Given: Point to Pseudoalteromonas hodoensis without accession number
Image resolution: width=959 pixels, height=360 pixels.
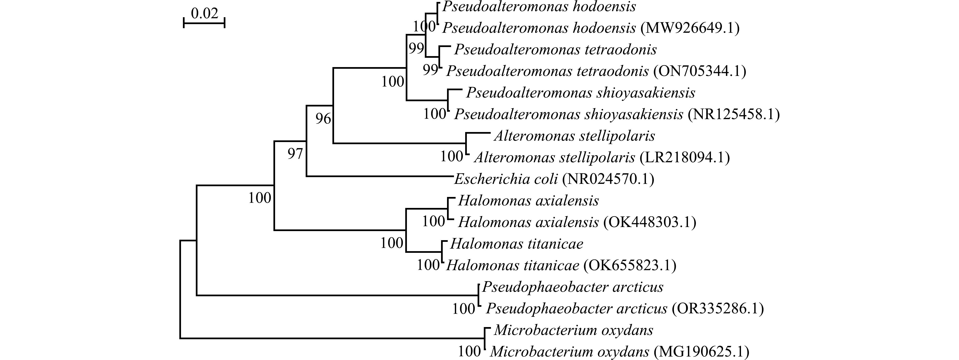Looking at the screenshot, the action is [539, 7].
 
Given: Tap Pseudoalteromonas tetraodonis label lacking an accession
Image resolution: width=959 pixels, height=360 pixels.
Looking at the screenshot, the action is [555, 49].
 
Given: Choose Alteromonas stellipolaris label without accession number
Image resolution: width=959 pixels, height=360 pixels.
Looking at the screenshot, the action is [575, 136].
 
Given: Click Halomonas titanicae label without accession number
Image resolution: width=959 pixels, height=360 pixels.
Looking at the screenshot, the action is [517, 244].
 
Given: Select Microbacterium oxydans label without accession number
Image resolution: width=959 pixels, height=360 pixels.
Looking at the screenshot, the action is [573, 330].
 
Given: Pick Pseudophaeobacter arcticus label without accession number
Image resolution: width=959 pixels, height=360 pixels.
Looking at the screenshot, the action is [573, 287].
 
